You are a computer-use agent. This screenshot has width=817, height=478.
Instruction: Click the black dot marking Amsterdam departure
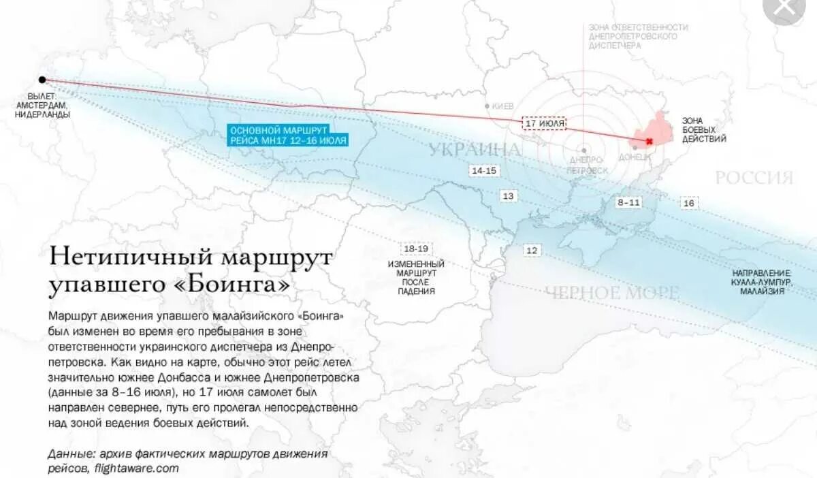42,80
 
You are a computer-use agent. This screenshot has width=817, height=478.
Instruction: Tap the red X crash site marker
649,141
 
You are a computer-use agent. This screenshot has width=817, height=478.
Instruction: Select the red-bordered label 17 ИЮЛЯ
545,123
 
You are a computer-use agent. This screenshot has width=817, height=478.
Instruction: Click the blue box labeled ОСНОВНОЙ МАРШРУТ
288,135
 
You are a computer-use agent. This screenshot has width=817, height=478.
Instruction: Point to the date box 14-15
483,171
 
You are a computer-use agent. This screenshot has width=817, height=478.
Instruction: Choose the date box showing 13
509,196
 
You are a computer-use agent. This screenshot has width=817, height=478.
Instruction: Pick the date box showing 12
532,251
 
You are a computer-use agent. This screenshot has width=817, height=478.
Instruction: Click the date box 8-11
628,202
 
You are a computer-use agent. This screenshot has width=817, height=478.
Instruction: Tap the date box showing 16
689,204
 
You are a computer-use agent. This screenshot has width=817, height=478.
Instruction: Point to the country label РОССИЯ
754,178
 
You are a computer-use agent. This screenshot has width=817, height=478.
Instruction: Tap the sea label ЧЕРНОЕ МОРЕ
611,293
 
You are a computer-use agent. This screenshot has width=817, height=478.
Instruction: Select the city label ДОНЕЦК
635,157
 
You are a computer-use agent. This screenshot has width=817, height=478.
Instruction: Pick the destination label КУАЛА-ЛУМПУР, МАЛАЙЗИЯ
762,282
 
